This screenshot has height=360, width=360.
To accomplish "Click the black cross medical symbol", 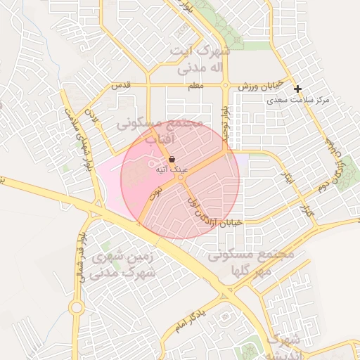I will tap(298, 89).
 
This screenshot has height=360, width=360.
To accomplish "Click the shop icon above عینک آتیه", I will tap(172, 160).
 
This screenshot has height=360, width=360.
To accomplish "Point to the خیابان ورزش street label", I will tap(259, 85).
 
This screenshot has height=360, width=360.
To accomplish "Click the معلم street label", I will tap(196, 86).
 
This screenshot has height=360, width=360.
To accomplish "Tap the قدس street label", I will tap(122, 86).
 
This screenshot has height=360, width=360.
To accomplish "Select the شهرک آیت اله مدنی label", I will tap(200, 60).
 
